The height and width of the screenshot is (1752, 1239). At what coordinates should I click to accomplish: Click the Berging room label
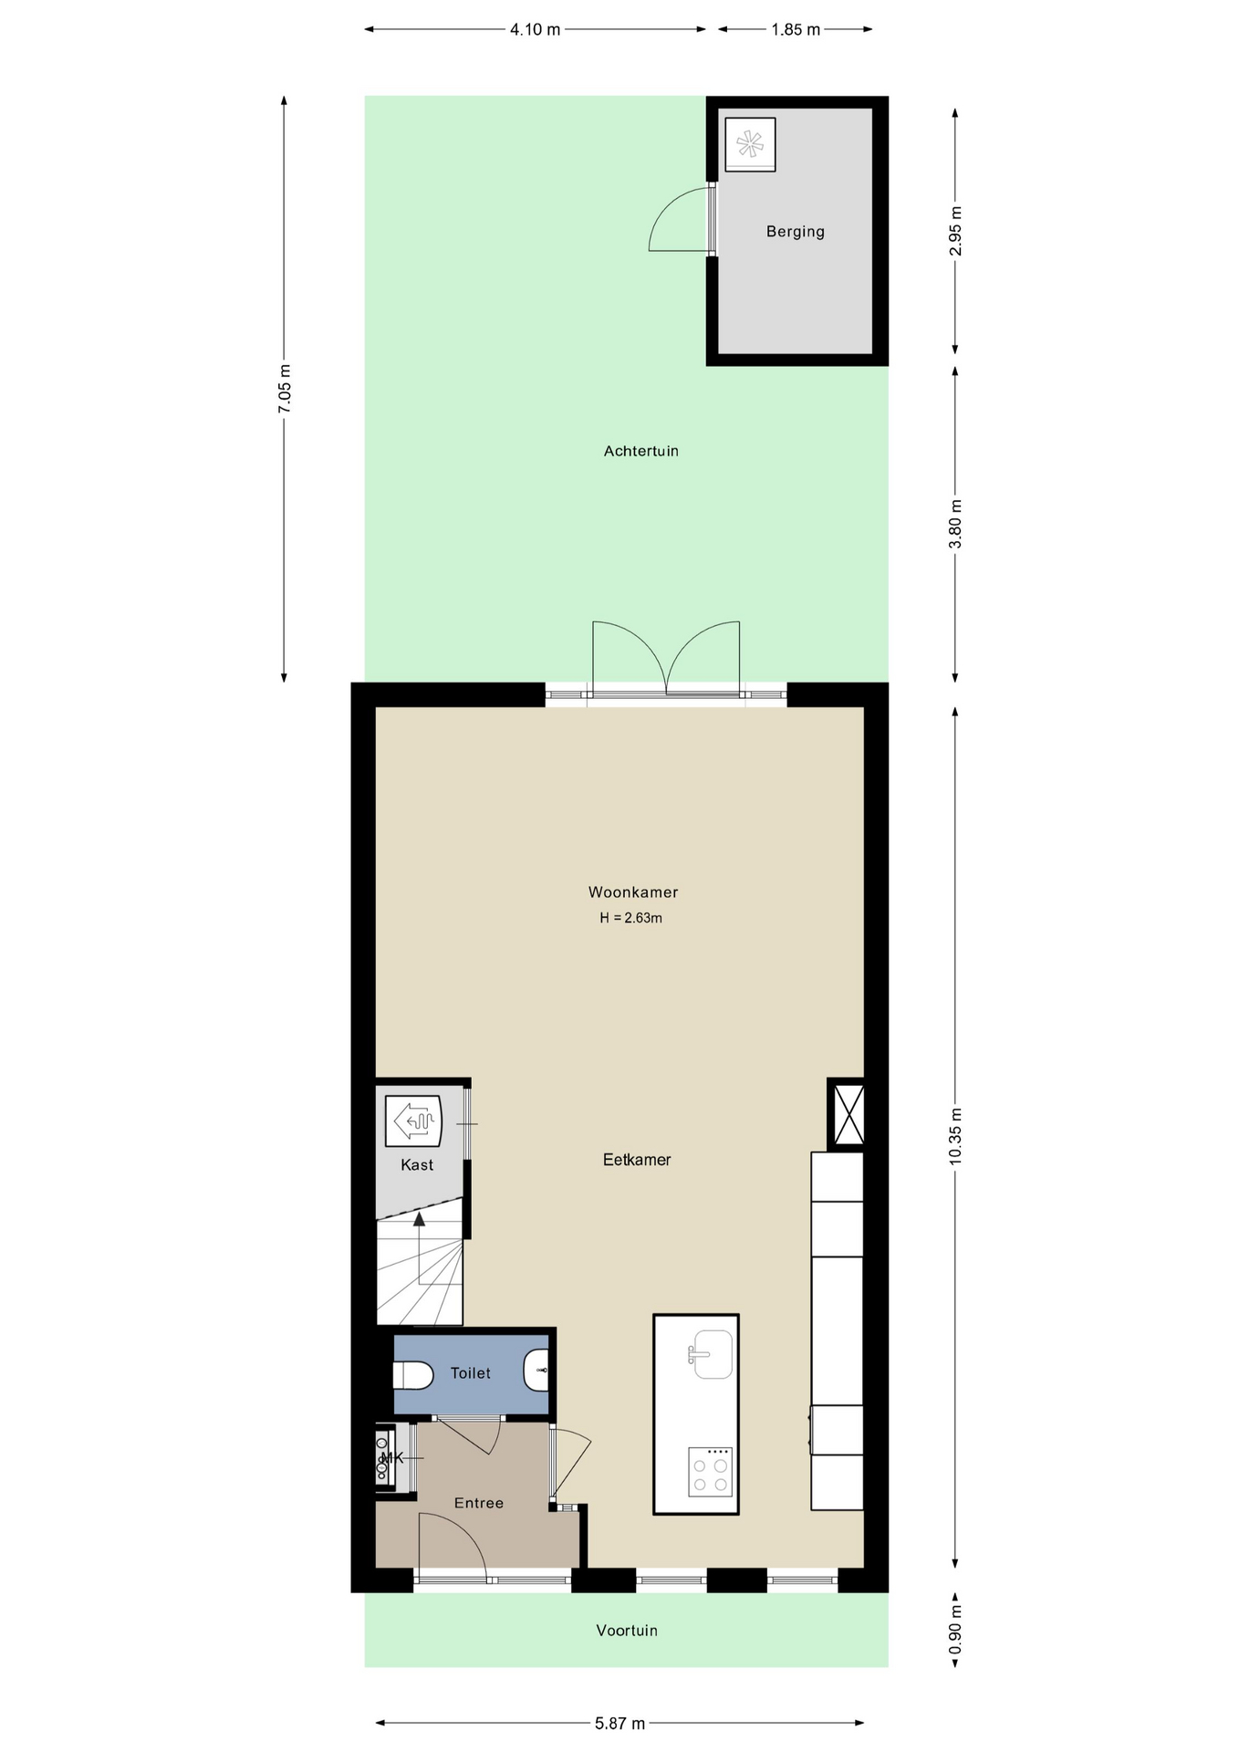point(795,232)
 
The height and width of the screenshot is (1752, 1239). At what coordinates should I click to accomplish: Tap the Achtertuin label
point(640,451)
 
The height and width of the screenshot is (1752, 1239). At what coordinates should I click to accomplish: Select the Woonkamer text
point(632,892)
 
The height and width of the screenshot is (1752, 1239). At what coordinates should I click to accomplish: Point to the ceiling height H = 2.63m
point(630,918)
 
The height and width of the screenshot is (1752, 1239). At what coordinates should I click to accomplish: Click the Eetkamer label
point(637,1160)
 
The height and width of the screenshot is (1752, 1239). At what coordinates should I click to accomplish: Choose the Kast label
point(417,1165)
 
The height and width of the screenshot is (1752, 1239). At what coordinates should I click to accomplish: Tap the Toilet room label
point(470,1373)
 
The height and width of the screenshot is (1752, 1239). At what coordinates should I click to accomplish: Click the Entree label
point(479,1503)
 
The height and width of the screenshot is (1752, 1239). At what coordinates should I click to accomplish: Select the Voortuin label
point(627,1631)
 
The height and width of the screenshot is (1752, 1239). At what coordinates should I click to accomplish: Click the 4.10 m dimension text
point(535,29)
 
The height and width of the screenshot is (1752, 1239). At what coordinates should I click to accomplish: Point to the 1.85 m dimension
point(796,29)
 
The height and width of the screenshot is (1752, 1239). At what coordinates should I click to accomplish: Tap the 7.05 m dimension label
point(285,389)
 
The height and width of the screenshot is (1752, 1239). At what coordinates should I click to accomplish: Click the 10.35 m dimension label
point(955,1136)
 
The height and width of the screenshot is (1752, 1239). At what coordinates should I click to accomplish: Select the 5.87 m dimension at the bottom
point(619,1724)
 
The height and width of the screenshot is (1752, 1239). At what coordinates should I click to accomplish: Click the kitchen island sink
point(710,1354)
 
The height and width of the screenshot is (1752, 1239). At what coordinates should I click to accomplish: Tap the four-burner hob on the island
point(710,1472)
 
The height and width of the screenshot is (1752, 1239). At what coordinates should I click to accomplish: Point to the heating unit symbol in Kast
point(413,1121)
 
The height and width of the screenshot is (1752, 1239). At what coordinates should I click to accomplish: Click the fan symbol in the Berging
point(750,144)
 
